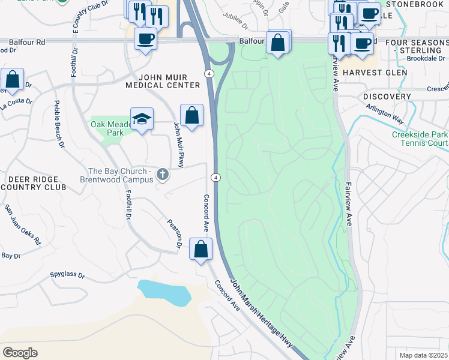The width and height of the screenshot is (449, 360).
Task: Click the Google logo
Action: tap(20, 353)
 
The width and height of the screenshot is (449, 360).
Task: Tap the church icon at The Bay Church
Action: tap(162, 175)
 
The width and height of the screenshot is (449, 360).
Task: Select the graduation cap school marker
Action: tap(142, 119)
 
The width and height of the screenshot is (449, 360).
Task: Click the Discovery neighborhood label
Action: tap(387, 97)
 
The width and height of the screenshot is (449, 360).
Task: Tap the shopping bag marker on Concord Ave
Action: tap(201, 248)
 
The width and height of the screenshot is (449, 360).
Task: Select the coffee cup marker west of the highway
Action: tap(145, 40)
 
